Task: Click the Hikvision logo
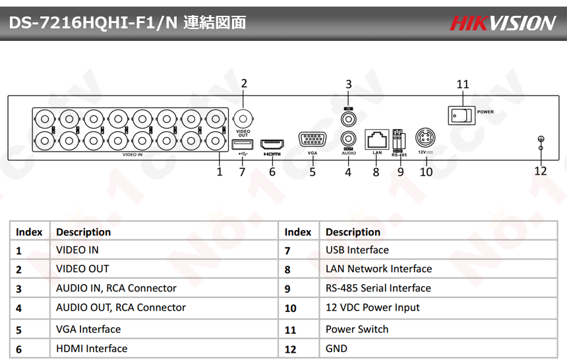(502, 23)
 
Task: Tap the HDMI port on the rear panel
(271, 144)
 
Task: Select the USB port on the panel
(242, 144)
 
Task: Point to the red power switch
(462, 115)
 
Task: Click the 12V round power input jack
(426, 140)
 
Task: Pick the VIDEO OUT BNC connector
(243, 119)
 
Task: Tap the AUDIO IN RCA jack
(348, 119)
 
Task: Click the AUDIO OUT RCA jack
(348, 140)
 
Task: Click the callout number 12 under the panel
(541, 171)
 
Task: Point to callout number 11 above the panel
(463, 84)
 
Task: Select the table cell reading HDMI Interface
(92, 349)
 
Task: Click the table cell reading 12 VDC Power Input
(373, 307)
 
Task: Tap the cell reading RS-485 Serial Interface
(378, 288)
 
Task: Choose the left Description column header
(83, 232)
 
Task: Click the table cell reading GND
(336, 349)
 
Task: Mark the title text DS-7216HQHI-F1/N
(92, 23)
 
